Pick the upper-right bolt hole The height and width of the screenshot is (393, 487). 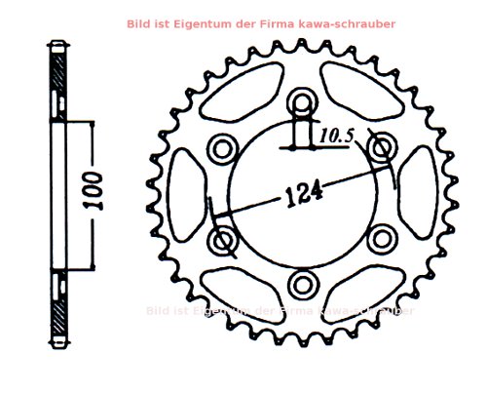point(383,146)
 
